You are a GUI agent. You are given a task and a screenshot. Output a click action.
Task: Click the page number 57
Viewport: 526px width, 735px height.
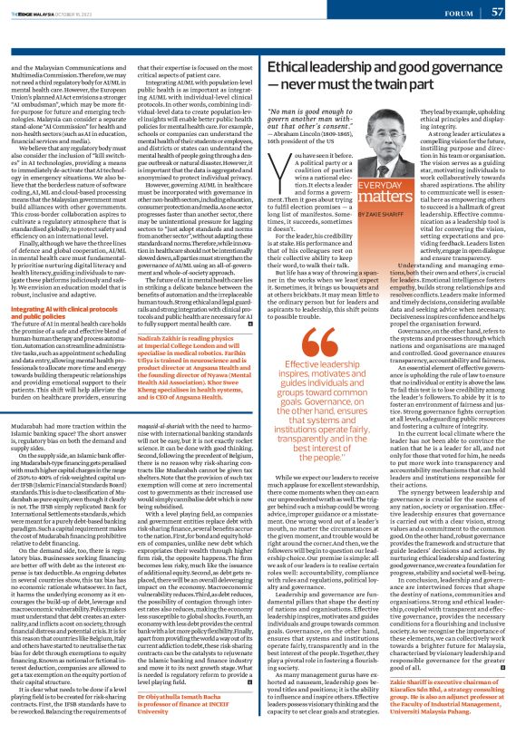click(498, 13)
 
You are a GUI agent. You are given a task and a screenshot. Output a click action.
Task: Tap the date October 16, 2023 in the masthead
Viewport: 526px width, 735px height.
click(72, 14)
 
